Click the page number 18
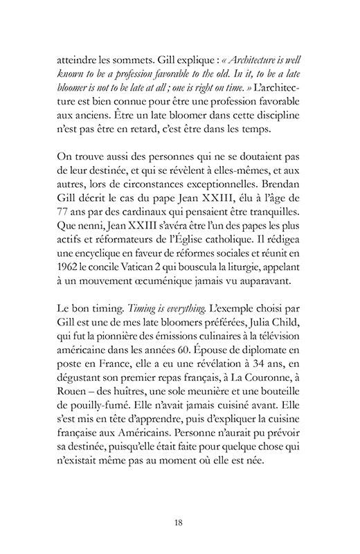pyautogui.click(x=179, y=521)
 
